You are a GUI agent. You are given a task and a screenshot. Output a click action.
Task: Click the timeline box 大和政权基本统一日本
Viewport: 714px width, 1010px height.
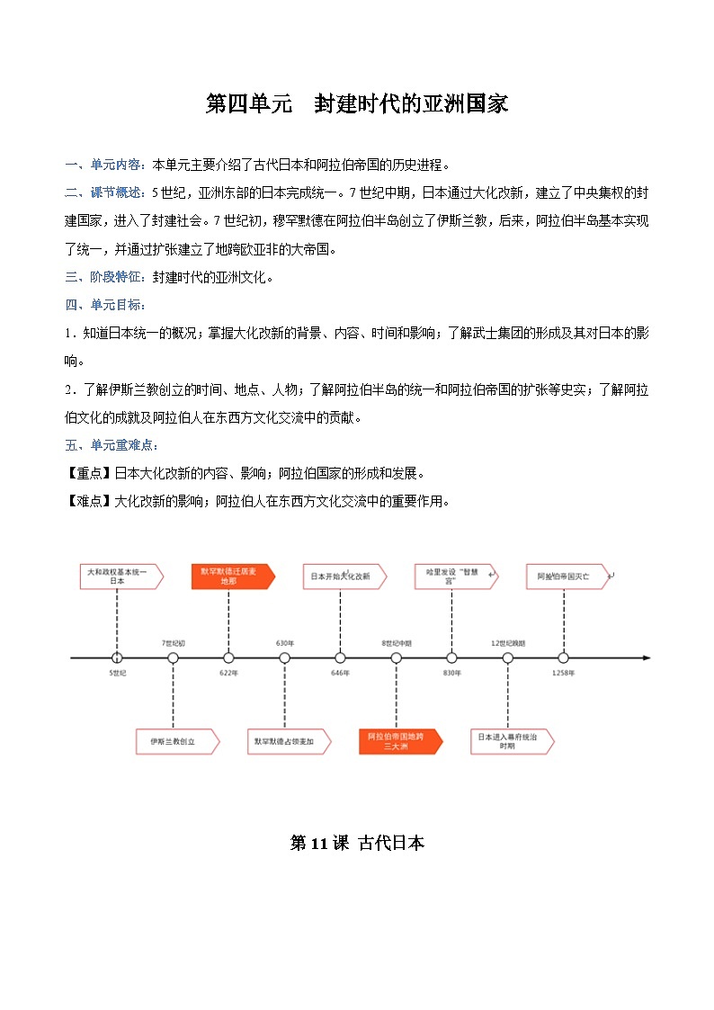pyautogui.click(x=120, y=577)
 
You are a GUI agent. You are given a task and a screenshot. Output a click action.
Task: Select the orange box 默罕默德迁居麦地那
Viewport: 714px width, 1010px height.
pyautogui.click(x=231, y=577)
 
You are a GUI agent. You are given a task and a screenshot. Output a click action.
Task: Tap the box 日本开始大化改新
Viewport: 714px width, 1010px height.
pyautogui.click(x=343, y=577)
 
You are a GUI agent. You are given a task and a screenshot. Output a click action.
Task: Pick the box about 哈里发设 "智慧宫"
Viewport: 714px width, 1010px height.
pyautogui.click(x=454, y=577)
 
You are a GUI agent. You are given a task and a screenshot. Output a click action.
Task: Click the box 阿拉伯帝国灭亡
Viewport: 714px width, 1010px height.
pyautogui.click(x=566, y=577)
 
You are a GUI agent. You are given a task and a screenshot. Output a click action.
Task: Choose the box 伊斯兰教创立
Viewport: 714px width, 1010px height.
pyautogui.click(x=174, y=741)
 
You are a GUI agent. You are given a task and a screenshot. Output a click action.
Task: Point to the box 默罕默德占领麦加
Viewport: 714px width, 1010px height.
pyautogui.click(x=286, y=741)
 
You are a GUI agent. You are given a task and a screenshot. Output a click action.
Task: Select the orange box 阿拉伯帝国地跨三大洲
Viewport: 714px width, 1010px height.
pyautogui.click(x=398, y=741)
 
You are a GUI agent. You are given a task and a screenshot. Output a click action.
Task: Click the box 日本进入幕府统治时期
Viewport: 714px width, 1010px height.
pyautogui.click(x=510, y=741)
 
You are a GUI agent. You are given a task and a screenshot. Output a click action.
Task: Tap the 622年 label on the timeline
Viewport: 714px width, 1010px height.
pyautogui.click(x=228, y=673)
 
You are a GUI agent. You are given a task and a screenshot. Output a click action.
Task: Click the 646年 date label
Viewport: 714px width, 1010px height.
pyautogui.click(x=340, y=673)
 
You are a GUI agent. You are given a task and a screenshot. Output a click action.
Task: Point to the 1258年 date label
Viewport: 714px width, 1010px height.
pyautogui.click(x=563, y=673)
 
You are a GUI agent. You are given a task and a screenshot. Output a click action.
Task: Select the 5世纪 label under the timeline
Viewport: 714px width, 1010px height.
pyautogui.click(x=117, y=673)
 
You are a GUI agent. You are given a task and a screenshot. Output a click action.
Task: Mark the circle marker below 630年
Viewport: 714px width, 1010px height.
pyautogui.click(x=285, y=658)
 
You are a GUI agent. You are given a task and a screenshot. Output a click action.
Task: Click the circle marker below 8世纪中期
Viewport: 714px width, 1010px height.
pyautogui.click(x=397, y=658)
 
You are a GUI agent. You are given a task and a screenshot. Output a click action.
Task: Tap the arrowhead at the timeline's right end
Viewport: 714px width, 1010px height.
pyautogui.click(x=646, y=658)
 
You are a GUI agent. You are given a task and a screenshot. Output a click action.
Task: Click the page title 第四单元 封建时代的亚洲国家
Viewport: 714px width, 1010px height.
pyautogui.click(x=357, y=104)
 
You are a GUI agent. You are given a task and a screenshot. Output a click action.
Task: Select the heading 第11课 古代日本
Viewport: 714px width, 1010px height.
pyautogui.click(x=357, y=843)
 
